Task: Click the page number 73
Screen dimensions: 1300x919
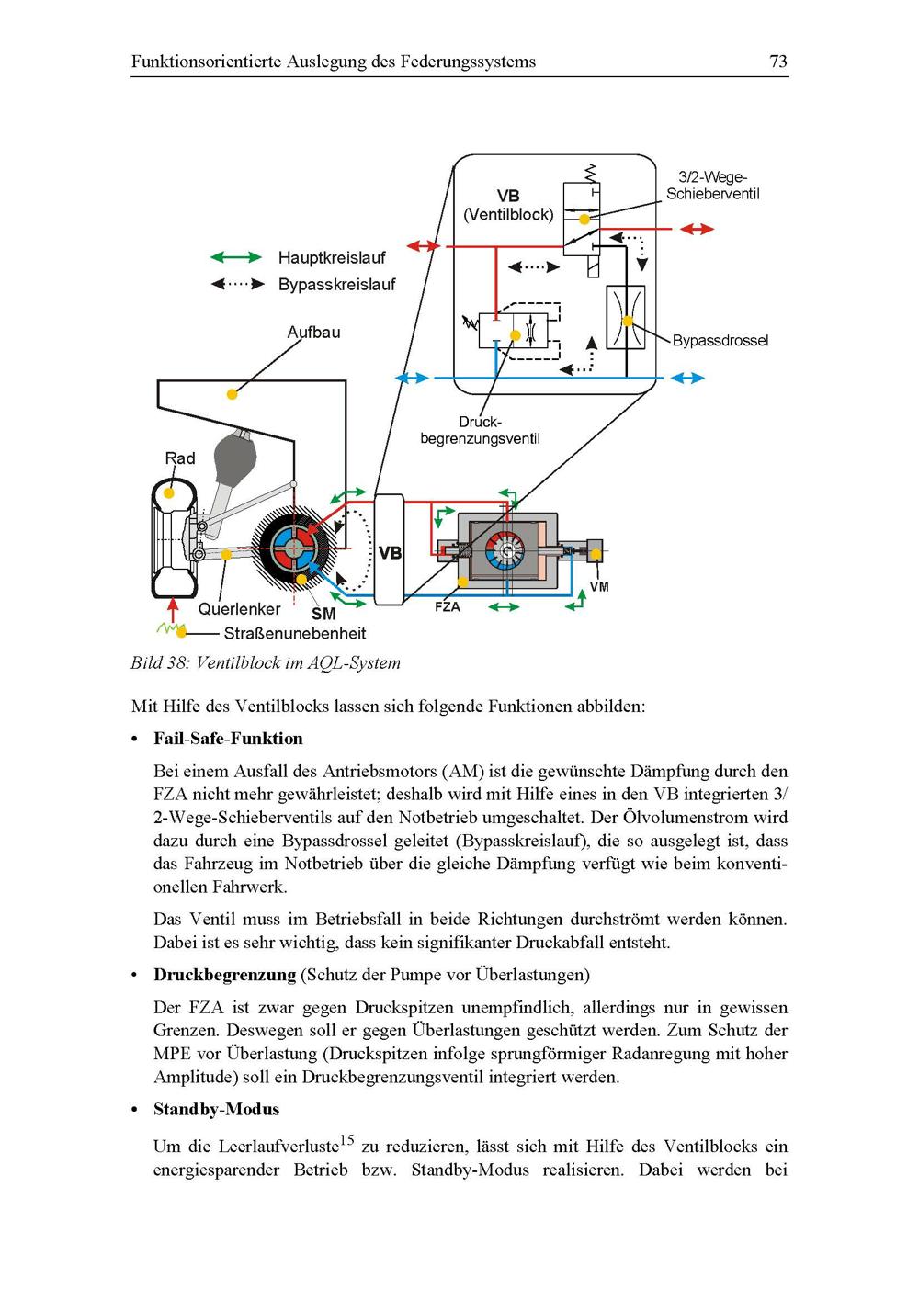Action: pyautogui.click(x=777, y=62)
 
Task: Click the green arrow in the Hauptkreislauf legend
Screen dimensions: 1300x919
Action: pyautogui.click(x=236, y=258)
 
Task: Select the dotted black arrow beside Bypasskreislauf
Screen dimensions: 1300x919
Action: pyautogui.click(x=236, y=285)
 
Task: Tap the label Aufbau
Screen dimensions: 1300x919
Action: pyautogui.click(x=313, y=333)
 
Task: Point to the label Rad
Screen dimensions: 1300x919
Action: pyautogui.click(x=180, y=458)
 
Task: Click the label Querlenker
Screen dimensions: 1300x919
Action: pyautogui.click(x=239, y=609)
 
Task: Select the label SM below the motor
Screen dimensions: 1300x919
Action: pyautogui.click(x=323, y=614)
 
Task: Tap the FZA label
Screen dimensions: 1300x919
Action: pyautogui.click(x=447, y=607)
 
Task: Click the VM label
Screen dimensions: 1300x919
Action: pyautogui.click(x=599, y=587)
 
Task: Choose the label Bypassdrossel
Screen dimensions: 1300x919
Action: pyautogui.click(x=720, y=341)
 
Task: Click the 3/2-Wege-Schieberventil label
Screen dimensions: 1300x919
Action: pyautogui.click(x=712, y=186)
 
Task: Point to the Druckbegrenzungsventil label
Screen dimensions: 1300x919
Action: pyautogui.click(x=480, y=431)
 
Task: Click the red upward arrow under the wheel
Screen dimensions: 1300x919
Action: pyautogui.click(x=172, y=610)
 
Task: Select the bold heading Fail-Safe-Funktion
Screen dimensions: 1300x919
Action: pyautogui.click(x=228, y=739)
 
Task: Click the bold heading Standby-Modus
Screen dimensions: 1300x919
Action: pyautogui.click(x=216, y=1110)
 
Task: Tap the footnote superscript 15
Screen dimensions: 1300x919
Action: pyautogui.click(x=346, y=1141)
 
